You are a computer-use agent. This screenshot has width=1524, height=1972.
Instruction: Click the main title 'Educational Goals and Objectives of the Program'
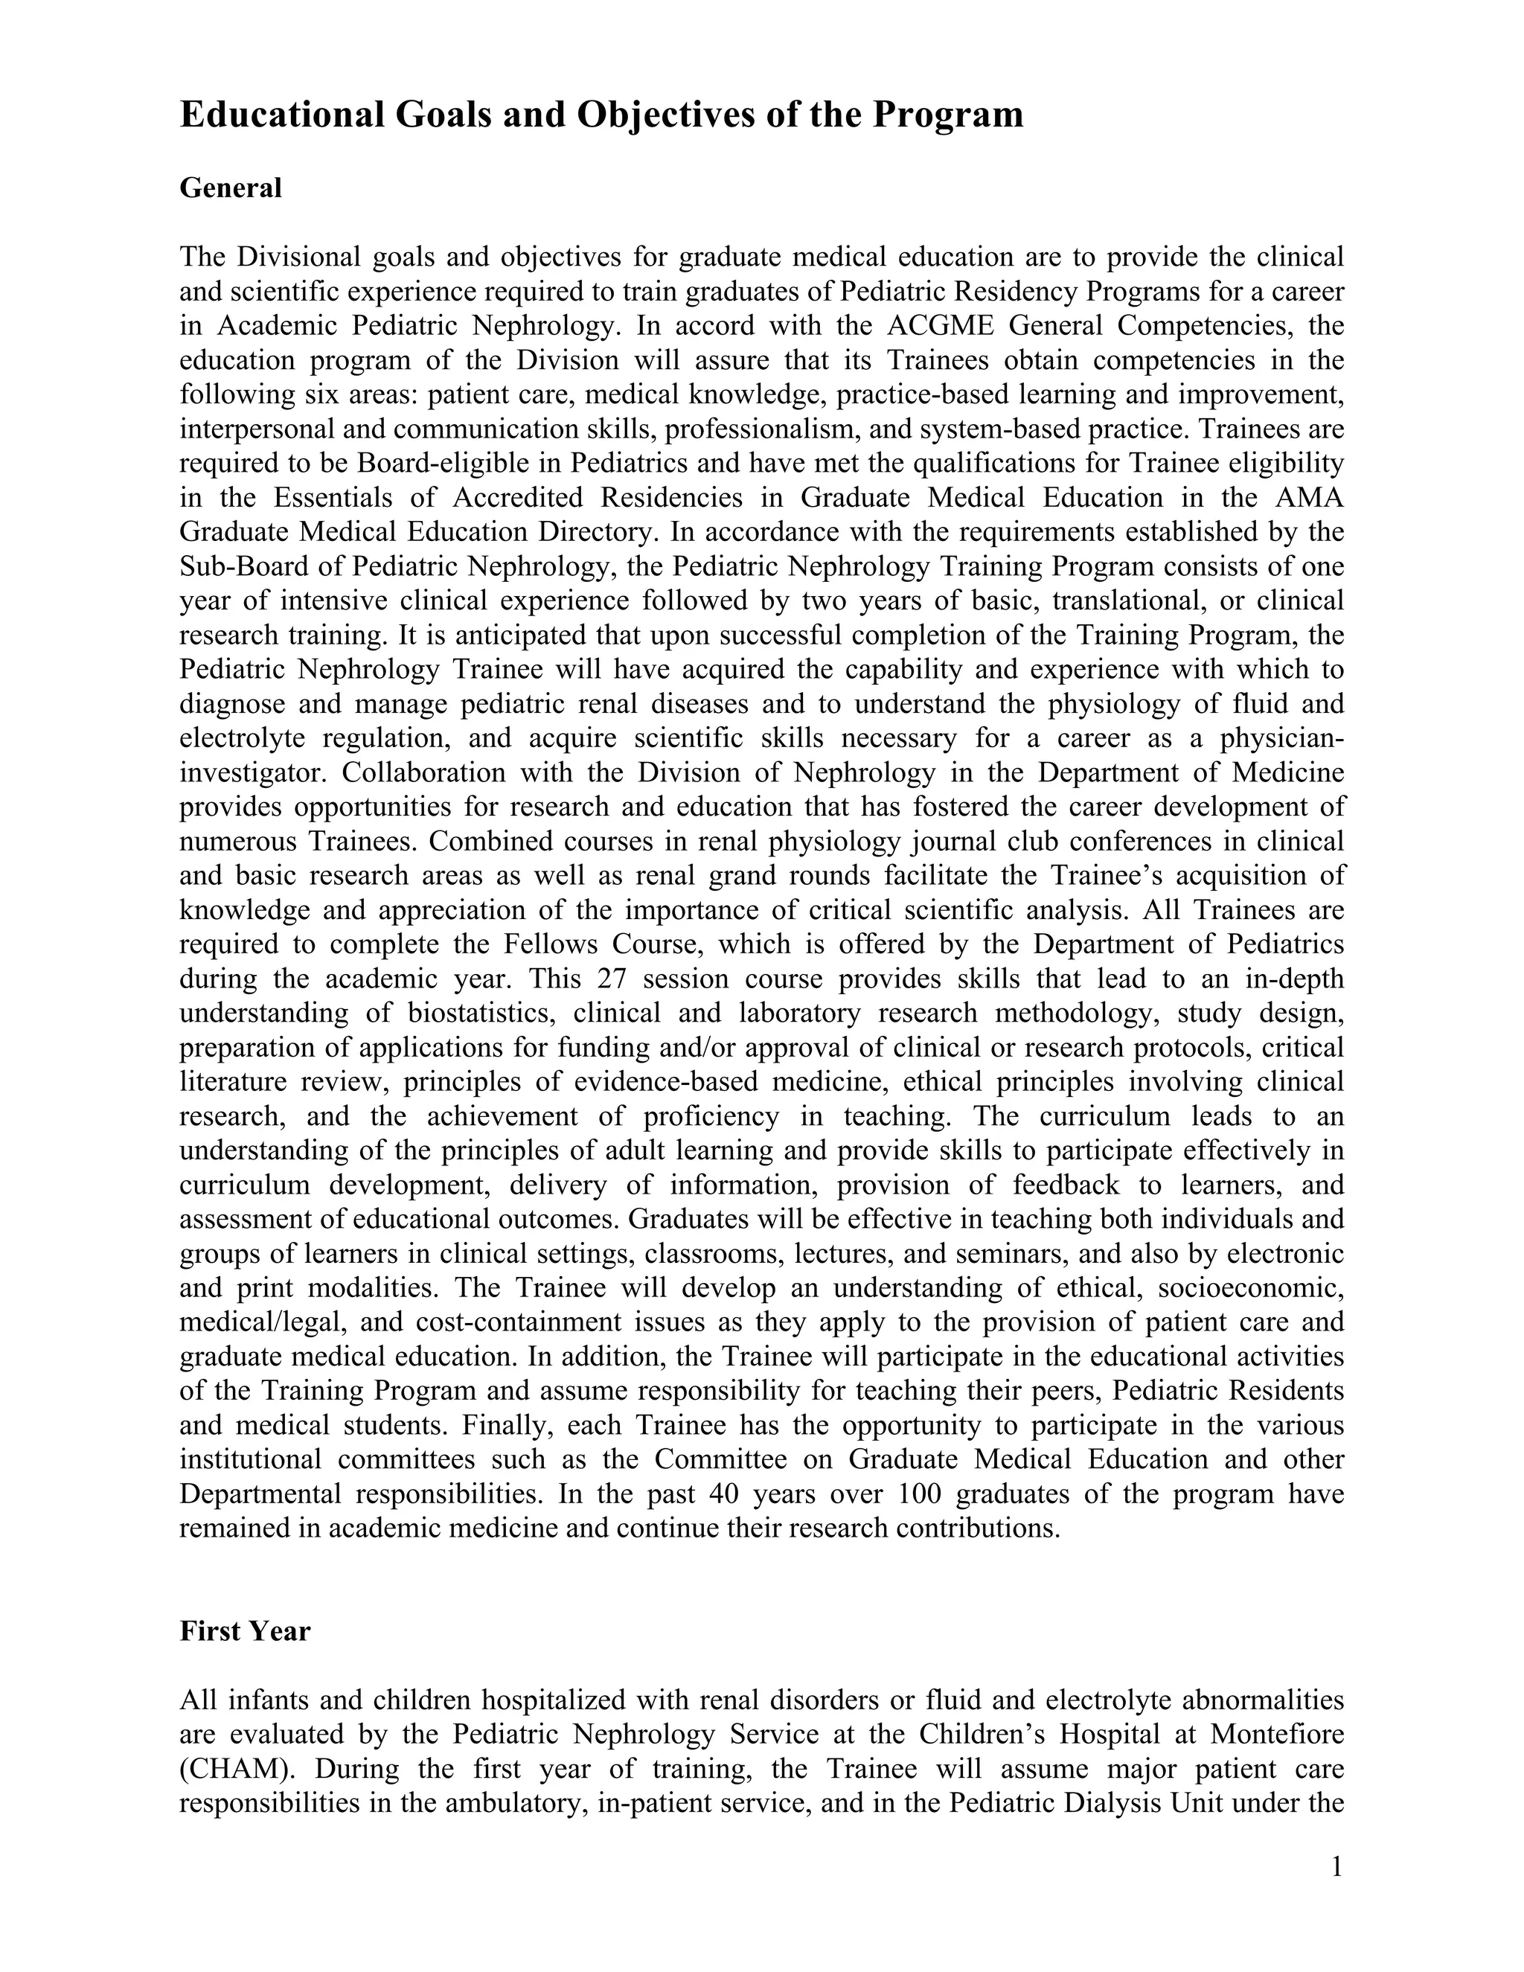point(601,115)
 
